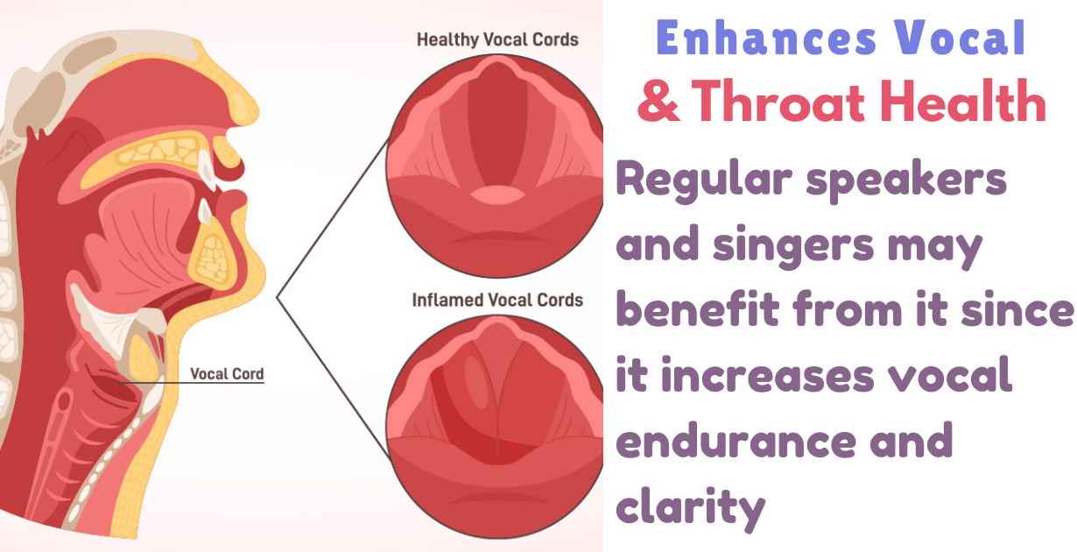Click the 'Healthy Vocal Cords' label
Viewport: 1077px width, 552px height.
coord(497,39)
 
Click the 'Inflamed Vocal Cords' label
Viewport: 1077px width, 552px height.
coord(497,300)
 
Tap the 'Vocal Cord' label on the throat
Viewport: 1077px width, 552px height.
coord(227,374)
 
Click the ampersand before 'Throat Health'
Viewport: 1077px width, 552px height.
coord(656,103)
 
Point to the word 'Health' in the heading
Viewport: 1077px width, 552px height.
coord(966,103)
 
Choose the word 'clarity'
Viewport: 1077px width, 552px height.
coord(690,506)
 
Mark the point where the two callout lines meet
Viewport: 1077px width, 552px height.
coord(278,298)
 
